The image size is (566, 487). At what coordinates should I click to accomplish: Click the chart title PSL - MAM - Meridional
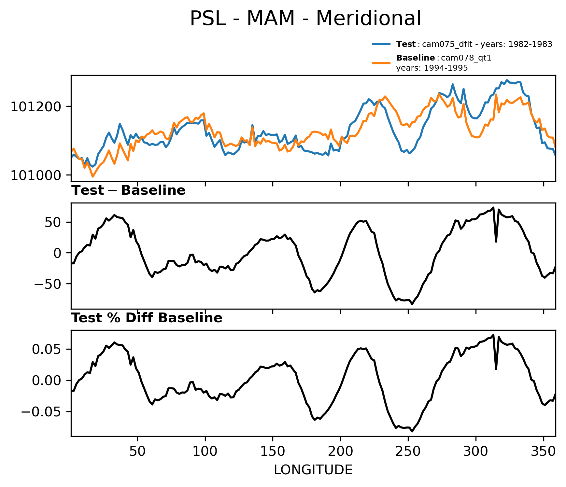(305, 19)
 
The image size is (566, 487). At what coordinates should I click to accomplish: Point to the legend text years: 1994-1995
(432, 68)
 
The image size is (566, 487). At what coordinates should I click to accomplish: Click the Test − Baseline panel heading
(128, 190)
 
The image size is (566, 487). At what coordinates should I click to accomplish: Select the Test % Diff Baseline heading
(147, 318)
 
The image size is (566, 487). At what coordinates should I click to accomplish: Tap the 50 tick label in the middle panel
(58, 222)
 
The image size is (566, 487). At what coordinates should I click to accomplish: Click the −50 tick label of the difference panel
(52, 284)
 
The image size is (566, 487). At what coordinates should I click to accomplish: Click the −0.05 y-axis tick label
(44, 412)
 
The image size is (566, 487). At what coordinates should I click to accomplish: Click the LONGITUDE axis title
(313, 470)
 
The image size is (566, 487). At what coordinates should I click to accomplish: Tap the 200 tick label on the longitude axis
(340, 452)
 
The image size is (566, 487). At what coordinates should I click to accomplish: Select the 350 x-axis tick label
(543, 452)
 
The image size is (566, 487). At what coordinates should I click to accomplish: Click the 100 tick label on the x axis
(205, 452)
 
